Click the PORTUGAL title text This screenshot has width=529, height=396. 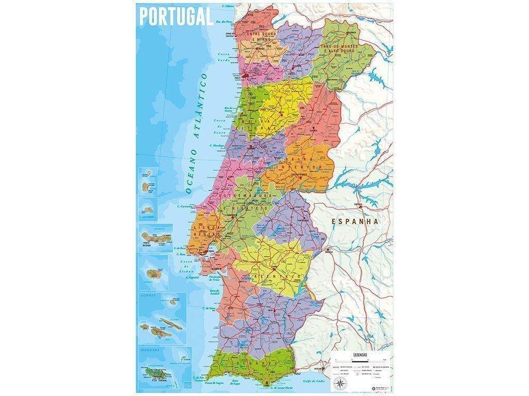176,16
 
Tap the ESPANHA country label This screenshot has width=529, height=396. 355,221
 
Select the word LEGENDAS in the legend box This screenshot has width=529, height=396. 360,355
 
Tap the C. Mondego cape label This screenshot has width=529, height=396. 218,145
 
